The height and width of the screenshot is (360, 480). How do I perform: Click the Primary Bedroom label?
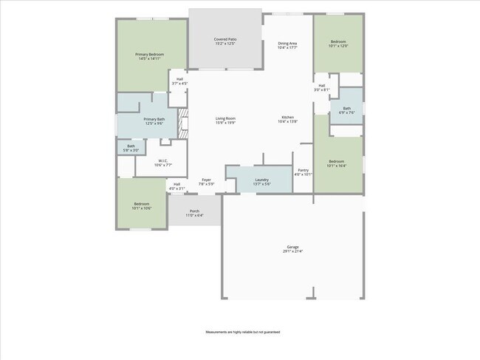coord(149,56)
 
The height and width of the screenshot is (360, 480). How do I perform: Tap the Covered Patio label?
coord(225,41)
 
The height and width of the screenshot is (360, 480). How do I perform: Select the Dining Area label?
coord(287,45)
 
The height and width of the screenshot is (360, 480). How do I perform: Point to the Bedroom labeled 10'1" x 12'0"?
coord(338,44)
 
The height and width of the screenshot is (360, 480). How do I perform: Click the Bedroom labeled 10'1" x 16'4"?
coord(336,163)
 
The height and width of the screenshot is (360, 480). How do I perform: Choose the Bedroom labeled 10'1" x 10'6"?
coord(142,206)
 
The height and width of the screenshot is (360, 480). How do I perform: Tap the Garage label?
coord(293,248)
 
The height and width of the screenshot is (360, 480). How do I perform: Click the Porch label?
coord(194,213)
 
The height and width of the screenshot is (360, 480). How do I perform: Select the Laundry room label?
coord(261,181)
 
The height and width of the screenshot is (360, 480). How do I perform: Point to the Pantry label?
coord(304,172)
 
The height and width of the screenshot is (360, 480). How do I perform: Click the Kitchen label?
coord(287,120)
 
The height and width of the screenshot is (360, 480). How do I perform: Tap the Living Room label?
coord(225,120)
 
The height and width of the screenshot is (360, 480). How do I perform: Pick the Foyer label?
coord(207,181)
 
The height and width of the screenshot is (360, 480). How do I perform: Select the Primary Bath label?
coord(154,121)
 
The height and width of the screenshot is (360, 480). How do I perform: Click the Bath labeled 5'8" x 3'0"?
coord(131,148)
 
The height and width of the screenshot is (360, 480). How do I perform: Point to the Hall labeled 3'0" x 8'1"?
coord(322,88)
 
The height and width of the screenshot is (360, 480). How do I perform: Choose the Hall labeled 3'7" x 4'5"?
coord(179,81)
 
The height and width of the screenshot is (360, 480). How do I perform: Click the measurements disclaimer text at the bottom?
coord(240,333)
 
